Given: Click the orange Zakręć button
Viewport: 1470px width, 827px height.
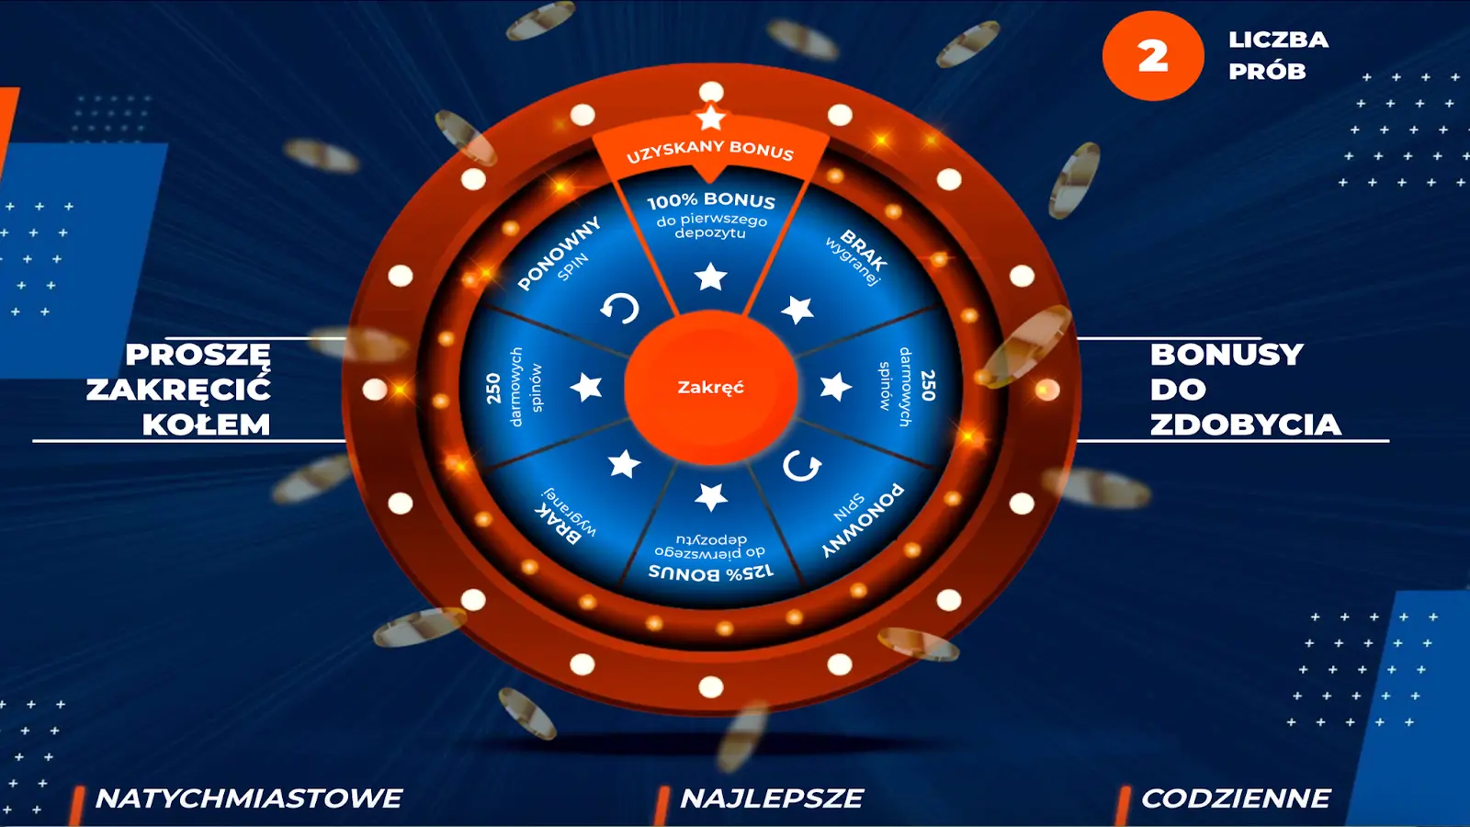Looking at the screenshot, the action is [711, 387].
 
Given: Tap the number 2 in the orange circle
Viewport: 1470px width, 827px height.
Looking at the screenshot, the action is [1152, 56].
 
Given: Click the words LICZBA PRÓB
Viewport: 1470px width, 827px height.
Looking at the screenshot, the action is [1278, 55].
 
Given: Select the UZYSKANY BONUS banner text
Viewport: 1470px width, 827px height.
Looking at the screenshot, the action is [710, 151].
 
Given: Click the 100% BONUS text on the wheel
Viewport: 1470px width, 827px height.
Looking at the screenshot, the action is [711, 200].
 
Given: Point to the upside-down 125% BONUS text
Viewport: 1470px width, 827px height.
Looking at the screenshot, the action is [711, 572].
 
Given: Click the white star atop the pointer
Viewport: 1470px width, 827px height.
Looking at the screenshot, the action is [711, 119].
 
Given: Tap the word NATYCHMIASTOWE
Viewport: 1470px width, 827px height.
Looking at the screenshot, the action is [249, 799].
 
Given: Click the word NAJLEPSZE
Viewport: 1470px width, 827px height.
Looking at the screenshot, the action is [772, 799].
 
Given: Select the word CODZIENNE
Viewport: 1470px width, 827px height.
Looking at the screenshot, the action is [1237, 799].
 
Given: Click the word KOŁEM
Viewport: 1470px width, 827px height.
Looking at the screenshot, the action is [206, 425].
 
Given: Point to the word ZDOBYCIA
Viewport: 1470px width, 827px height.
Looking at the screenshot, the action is [1246, 425].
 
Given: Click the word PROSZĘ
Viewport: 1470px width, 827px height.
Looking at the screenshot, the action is [198, 356].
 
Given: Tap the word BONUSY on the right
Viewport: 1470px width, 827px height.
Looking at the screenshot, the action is [1227, 355].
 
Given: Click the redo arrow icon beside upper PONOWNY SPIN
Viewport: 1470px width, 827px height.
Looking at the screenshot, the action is [619, 308].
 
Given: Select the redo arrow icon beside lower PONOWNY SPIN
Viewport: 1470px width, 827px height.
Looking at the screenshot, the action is [802, 466].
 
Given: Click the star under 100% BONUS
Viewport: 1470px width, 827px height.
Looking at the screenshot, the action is [711, 277].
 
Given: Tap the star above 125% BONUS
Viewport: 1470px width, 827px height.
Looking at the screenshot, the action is [711, 497].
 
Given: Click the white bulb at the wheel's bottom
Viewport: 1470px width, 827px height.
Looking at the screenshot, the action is [711, 687].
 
